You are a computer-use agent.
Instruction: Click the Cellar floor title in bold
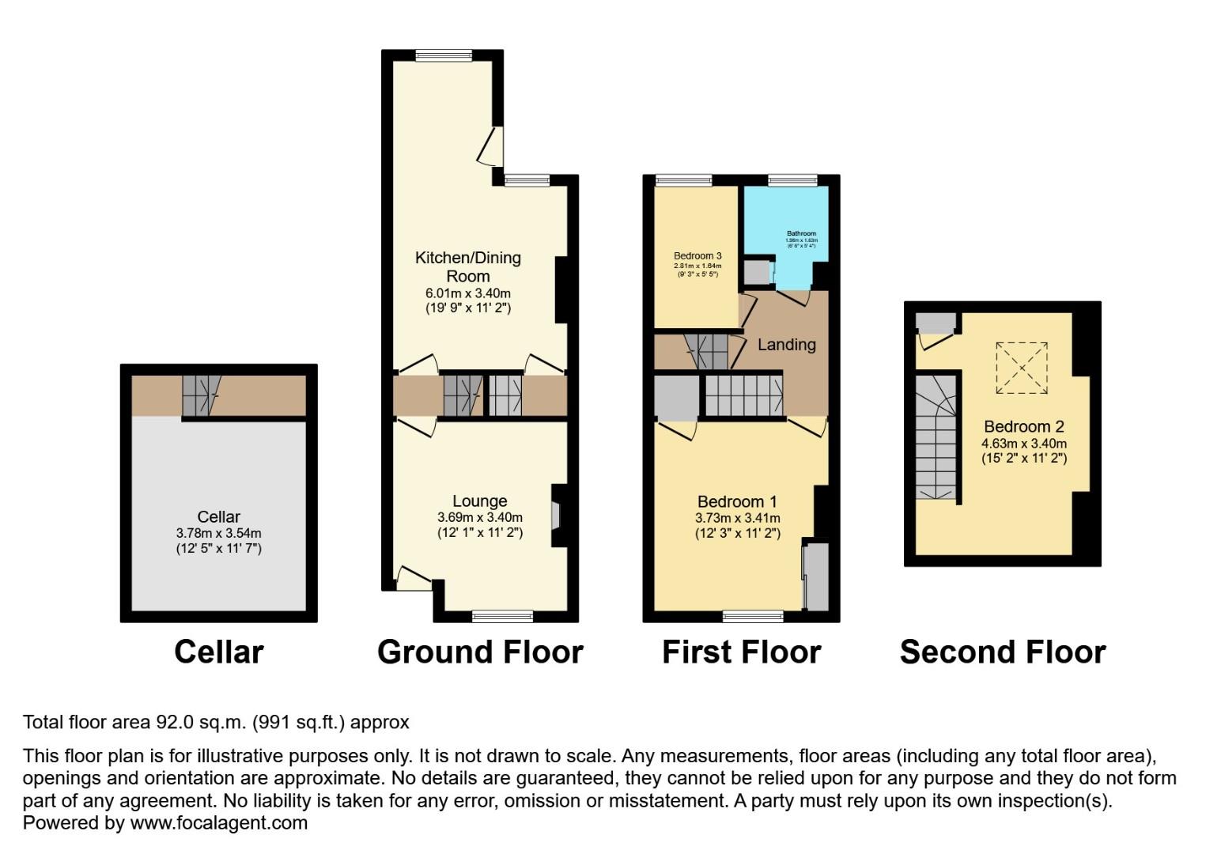[x=218, y=652]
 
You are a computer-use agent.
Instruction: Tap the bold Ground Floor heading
[x=480, y=652]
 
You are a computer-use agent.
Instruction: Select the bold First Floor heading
[x=741, y=652]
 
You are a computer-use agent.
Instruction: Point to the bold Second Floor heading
[x=1002, y=652]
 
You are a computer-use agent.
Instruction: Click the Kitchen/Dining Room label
[x=468, y=266]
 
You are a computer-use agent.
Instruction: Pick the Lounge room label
[x=480, y=501]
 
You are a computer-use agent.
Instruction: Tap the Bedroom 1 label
[x=737, y=502]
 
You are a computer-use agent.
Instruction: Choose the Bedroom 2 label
[x=1024, y=427]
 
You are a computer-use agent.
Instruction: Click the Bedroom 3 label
[x=697, y=256]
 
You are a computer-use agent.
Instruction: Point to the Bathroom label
[x=801, y=234]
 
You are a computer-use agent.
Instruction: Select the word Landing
[x=786, y=345]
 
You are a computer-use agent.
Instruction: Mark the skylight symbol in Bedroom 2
[x=1022, y=368]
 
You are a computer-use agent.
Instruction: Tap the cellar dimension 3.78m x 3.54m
[x=218, y=534]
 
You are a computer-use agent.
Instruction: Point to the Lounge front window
[x=503, y=616]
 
